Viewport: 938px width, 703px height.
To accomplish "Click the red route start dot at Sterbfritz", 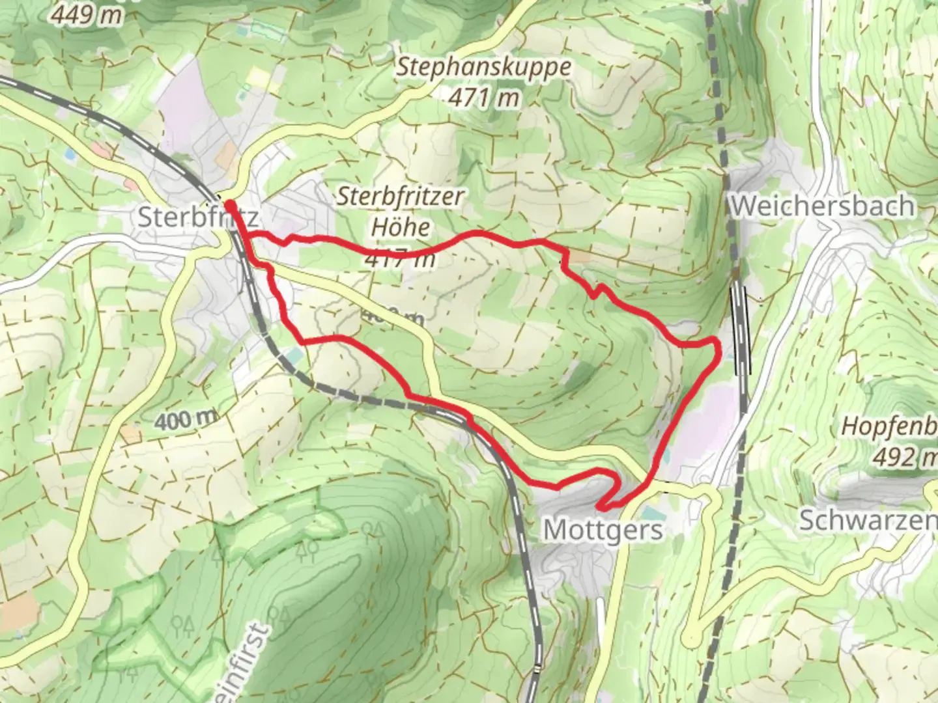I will (x=230, y=206).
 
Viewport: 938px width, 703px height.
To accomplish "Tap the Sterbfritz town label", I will (x=197, y=217).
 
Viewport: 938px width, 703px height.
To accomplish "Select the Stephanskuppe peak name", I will (x=483, y=67).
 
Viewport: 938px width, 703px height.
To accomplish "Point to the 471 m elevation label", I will (x=484, y=98).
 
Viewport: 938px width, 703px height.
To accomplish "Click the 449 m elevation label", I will (x=86, y=14).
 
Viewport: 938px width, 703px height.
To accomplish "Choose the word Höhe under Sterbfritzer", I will (x=401, y=227).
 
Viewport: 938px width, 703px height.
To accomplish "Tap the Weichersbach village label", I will (x=822, y=206).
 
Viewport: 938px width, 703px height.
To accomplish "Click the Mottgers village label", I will (x=603, y=530).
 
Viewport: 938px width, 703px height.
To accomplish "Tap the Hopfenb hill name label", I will (x=889, y=426).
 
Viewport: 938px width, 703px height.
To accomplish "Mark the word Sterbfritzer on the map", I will (x=401, y=197).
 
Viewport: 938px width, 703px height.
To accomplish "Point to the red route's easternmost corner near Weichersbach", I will (x=718, y=349).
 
